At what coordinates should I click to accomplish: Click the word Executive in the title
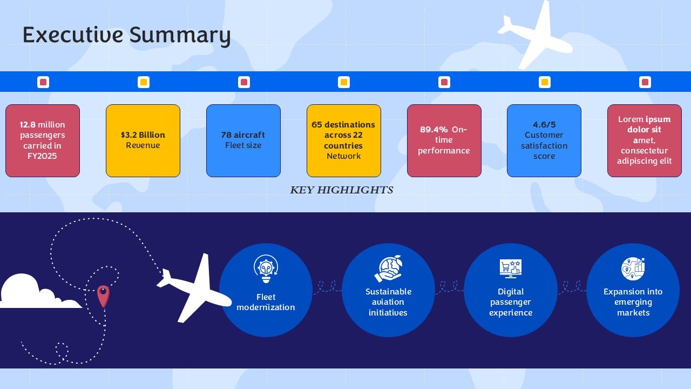click(73, 35)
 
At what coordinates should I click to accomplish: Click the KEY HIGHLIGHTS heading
click(342, 190)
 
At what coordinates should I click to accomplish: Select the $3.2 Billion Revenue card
click(143, 140)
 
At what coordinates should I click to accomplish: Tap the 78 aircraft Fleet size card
click(243, 140)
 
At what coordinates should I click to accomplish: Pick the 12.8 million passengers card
click(43, 140)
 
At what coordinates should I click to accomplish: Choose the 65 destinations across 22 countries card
click(344, 140)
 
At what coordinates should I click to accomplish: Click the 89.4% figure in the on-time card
click(433, 129)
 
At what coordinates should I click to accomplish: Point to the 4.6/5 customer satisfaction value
click(544, 124)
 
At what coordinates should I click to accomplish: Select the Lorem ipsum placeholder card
click(645, 140)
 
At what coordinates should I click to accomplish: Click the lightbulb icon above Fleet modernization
click(266, 269)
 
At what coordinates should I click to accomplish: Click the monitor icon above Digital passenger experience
click(511, 269)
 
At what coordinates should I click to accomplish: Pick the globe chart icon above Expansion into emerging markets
click(633, 269)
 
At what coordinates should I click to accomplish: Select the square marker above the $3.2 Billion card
click(144, 82)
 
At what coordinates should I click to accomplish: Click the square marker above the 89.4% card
click(444, 82)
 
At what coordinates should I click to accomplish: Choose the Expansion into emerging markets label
click(633, 302)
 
